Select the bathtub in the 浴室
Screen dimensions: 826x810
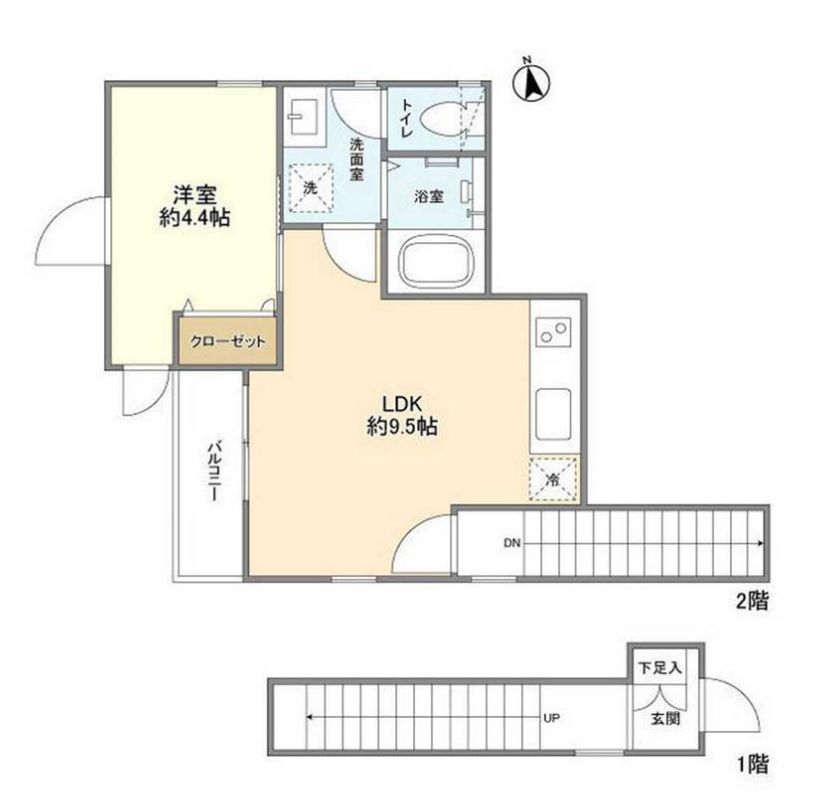[436, 261]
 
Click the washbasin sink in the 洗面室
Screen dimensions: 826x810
[303, 117]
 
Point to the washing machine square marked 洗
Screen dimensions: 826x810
[310, 187]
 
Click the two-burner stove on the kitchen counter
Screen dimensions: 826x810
[553, 331]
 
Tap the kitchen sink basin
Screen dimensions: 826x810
[553, 414]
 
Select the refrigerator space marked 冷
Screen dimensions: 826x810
[553, 479]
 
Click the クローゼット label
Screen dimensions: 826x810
[228, 341]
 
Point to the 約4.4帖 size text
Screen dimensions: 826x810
[195, 217]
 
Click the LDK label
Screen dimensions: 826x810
[402, 404]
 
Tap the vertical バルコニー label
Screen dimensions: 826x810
[213, 471]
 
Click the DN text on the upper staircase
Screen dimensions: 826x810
[512, 543]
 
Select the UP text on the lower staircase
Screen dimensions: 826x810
[551, 718]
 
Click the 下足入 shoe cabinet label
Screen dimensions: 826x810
[661, 668]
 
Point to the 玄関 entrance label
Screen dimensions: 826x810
[666, 718]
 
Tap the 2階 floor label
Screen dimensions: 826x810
[752, 601]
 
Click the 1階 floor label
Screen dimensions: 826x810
[752, 764]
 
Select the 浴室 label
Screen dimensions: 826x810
[429, 197]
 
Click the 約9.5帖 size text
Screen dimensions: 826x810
[402, 427]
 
